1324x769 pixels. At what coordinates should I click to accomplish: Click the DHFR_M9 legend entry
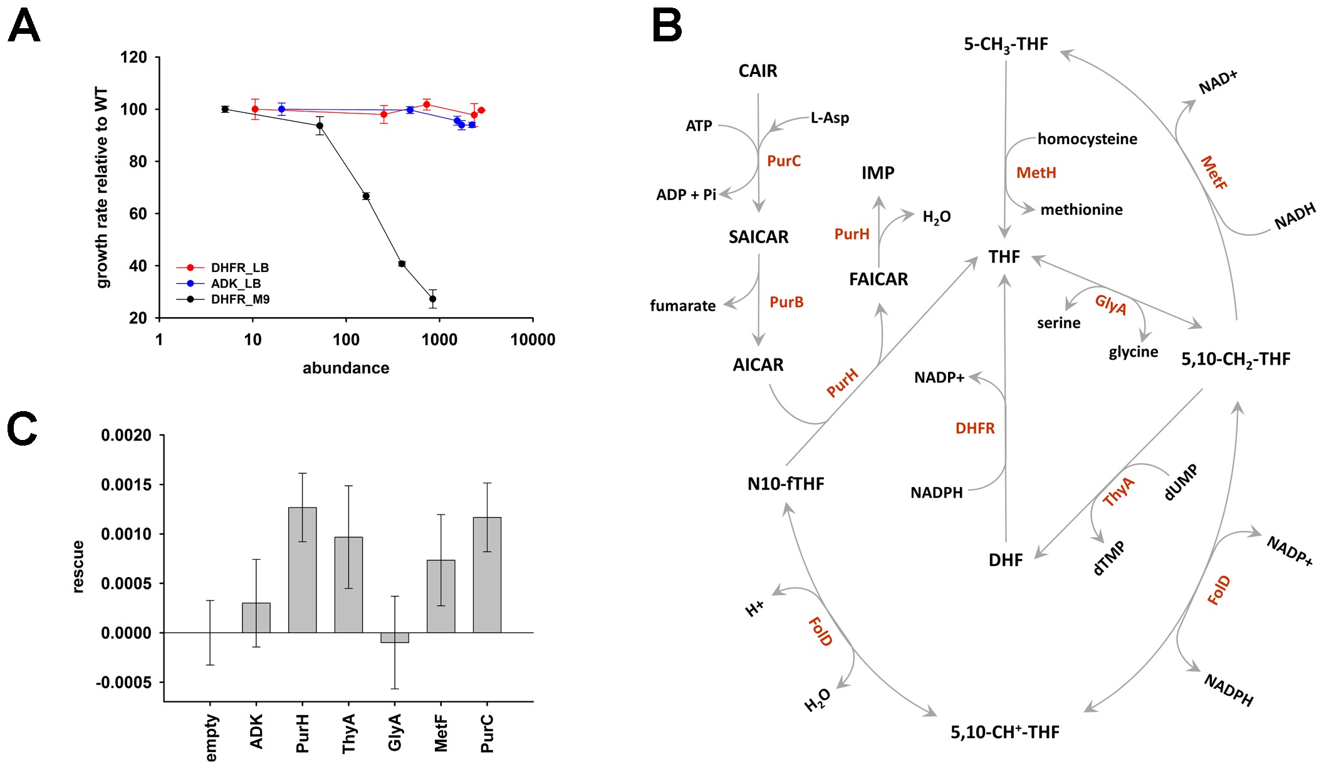(x=239, y=300)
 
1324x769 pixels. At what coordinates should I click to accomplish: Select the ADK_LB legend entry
(x=235, y=284)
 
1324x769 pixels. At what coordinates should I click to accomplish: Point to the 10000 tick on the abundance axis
(x=533, y=340)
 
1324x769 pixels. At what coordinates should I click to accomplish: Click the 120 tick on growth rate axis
(x=133, y=58)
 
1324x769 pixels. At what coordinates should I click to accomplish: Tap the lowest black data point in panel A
(x=432, y=299)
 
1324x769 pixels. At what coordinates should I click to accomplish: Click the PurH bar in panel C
(x=302, y=570)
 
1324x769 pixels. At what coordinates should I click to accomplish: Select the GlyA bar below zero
(x=395, y=637)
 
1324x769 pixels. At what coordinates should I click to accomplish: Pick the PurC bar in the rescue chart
(x=487, y=575)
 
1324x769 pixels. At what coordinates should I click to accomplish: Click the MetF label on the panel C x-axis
(x=441, y=733)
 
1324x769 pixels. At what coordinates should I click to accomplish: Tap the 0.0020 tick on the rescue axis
(x=126, y=436)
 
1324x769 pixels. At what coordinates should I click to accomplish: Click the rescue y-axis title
(x=78, y=567)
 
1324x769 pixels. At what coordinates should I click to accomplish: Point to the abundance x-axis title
(x=346, y=368)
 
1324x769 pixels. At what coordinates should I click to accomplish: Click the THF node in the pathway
(x=1004, y=257)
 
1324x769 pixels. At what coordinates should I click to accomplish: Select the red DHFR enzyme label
(x=975, y=429)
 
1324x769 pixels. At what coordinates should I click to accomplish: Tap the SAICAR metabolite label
(x=758, y=237)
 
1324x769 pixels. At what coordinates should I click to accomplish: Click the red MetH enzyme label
(x=1036, y=173)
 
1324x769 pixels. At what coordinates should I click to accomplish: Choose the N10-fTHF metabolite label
(x=786, y=484)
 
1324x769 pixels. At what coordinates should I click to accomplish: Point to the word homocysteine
(x=1087, y=139)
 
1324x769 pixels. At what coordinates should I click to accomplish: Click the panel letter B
(x=667, y=26)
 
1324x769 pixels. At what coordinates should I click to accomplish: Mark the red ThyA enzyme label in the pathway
(x=1118, y=491)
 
